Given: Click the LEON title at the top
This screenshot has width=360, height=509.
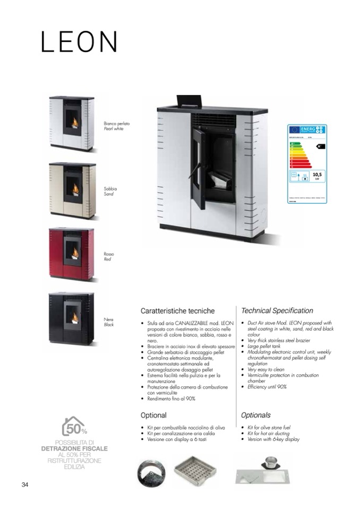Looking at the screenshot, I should (x=79, y=41).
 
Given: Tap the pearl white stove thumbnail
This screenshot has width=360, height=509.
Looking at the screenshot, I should (x=72, y=123).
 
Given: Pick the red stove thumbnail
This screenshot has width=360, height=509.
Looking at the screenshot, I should (x=72, y=254).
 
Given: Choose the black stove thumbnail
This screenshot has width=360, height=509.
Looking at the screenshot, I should (x=72, y=320).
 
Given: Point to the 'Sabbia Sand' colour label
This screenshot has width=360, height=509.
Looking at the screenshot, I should (x=110, y=192).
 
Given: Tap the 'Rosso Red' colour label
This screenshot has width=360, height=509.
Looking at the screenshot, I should (x=109, y=257).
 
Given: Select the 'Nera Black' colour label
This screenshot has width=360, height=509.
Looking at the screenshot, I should (x=109, y=322).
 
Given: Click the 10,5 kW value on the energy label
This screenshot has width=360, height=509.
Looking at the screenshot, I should (x=318, y=175).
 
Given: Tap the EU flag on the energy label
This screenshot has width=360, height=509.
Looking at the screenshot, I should (x=294, y=130).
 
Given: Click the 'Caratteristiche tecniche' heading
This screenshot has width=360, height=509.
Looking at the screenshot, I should (x=177, y=310).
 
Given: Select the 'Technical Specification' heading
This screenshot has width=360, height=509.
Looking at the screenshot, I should (x=277, y=310).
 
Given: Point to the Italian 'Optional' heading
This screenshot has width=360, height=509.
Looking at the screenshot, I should (x=153, y=415).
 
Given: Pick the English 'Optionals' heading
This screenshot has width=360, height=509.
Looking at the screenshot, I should (x=256, y=415).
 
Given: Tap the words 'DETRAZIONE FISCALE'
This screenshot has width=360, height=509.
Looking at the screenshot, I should (x=74, y=448).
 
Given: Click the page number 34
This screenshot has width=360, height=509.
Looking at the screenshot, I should (x=25, y=485).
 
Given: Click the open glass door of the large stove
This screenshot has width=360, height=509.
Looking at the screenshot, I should (x=198, y=167).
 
